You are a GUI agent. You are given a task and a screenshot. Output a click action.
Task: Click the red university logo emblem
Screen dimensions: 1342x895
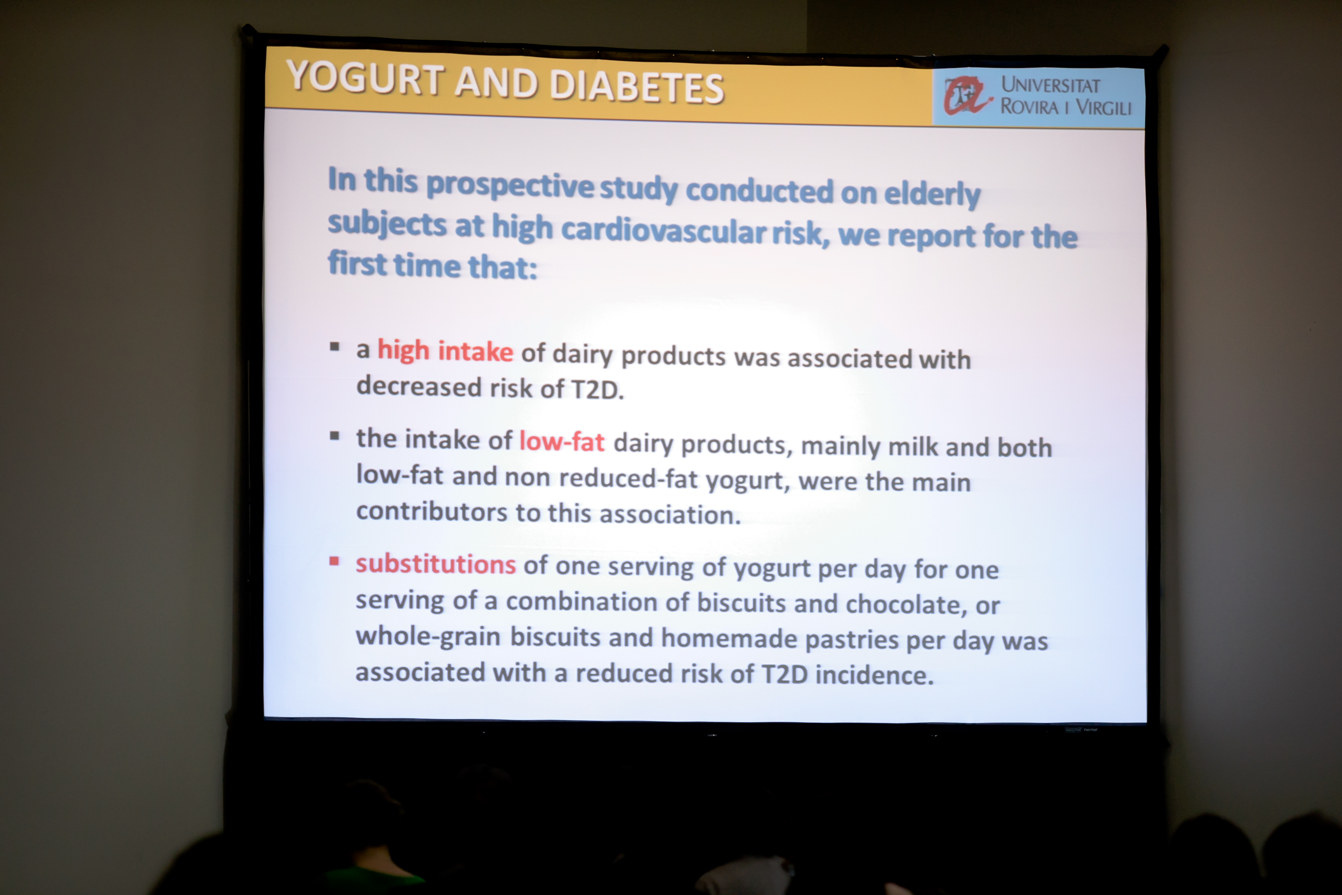click(x=967, y=95)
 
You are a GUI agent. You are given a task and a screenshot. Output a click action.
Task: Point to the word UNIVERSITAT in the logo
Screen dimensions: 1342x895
click(x=1050, y=85)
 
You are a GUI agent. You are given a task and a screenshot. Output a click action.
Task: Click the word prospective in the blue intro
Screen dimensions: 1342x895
click(x=510, y=185)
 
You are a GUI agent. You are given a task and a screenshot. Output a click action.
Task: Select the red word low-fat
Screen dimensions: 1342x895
click(x=561, y=441)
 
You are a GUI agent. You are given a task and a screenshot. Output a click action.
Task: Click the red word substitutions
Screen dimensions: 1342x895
click(x=436, y=564)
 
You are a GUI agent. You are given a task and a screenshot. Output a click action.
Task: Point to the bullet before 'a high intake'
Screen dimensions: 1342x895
click(x=335, y=347)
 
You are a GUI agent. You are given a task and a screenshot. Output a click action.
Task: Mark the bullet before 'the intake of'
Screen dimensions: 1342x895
click(x=335, y=436)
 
